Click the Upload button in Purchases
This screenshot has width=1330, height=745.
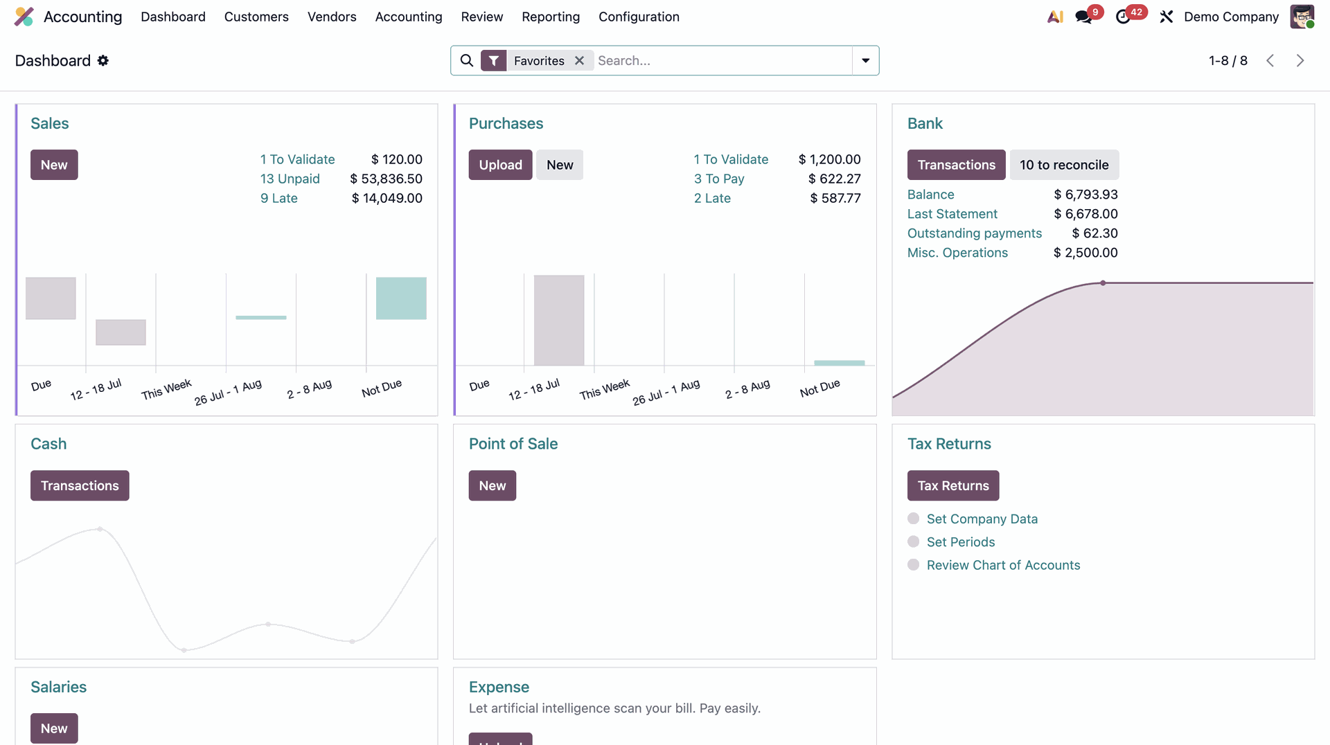(x=500, y=165)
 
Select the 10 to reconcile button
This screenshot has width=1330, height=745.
(x=1064, y=165)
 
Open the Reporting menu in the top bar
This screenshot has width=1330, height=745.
(x=551, y=17)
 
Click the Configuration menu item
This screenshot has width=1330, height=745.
(x=639, y=17)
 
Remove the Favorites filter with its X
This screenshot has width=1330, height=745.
(x=579, y=61)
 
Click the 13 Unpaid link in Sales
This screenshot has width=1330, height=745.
(x=290, y=179)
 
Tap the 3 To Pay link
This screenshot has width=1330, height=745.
(x=719, y=179)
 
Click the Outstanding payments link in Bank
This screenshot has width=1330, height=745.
(x=975, y=233)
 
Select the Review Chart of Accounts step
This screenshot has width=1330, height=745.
(x=1003, y=565)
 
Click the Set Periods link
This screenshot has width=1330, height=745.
(x=961, y=542)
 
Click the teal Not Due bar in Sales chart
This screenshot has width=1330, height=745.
(x=401, y=298)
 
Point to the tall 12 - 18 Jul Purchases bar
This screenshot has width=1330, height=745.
(x=559, y=320)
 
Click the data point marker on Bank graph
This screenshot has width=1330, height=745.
(x=1103, y=283)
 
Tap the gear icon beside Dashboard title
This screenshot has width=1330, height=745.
(x=103, y=61)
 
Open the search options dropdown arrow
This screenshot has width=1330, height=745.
(x=865, y=61)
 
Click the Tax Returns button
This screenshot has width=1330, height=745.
(x=953, y=485)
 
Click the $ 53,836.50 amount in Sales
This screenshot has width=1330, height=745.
(x=387, y=179)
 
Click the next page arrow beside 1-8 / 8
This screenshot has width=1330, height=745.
(x=1300, y=61)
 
